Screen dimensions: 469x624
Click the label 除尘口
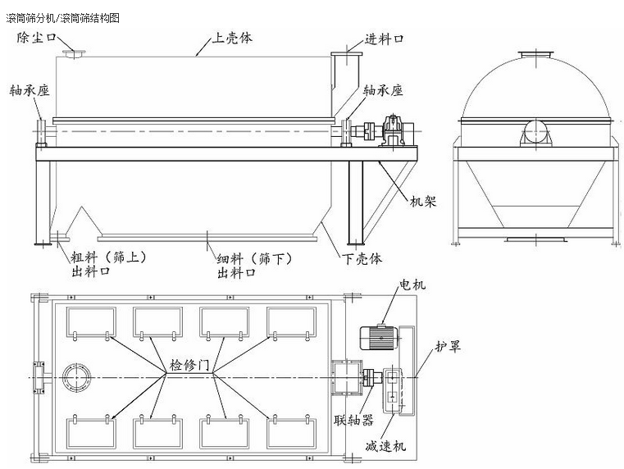click(x=38, y=38)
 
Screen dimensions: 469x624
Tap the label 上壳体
click(x=233, y=37)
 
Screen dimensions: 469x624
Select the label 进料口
click(x=383, y=38)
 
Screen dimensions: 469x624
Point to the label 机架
click(x=424, y=199)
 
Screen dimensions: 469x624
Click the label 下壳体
click(x=361, y=258)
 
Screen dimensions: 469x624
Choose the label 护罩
click(x=448, y=346)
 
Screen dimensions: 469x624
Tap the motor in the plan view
click(x=378, y=336)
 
